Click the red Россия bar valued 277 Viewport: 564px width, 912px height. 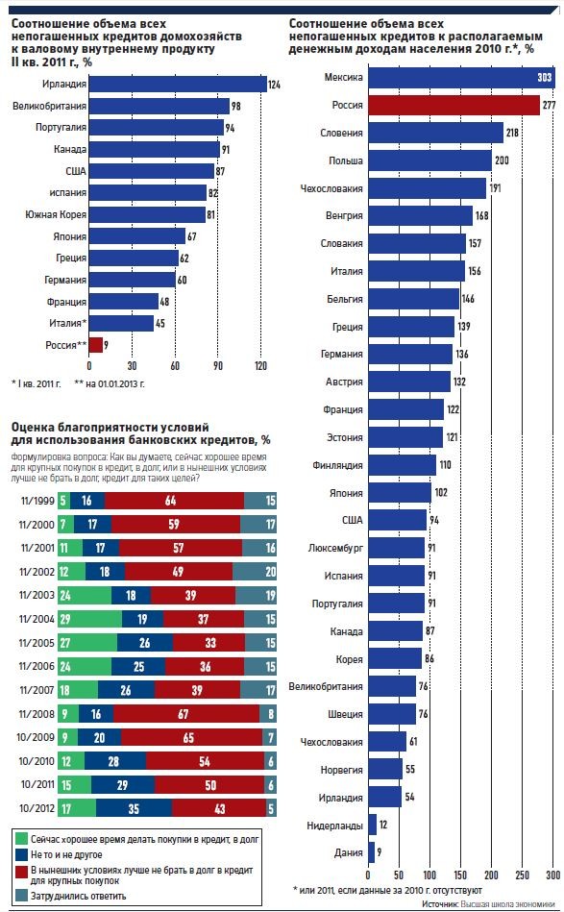click(454, 106)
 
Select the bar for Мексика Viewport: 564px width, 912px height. click(461, 77)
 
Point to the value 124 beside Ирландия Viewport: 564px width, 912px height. click(274, 85)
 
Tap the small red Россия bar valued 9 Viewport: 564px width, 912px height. click(96, 345)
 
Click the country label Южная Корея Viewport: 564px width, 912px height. click(55, 214)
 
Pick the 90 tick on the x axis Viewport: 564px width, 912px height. click(218, 366)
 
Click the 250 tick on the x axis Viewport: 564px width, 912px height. click(522, 875)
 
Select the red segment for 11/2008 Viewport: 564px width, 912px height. click(183, 714)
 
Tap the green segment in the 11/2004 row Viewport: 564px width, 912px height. click(90, 620)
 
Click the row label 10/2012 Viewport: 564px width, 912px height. click(37, 808)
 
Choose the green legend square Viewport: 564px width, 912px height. click(21, 839)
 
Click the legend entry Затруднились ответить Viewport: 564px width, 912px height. click(79, 897)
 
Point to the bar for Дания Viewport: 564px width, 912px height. click(371, 852)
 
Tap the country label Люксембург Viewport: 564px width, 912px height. click(335, 548)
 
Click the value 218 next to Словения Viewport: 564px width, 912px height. click(512, 133)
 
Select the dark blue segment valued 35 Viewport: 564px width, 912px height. click(134, 808)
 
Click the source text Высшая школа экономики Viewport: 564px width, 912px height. click(508, 904)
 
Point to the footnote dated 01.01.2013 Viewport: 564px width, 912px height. click(110, 383)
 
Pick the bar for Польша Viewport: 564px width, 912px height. click(429, 160)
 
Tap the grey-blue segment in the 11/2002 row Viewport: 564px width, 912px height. click(255, 572)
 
